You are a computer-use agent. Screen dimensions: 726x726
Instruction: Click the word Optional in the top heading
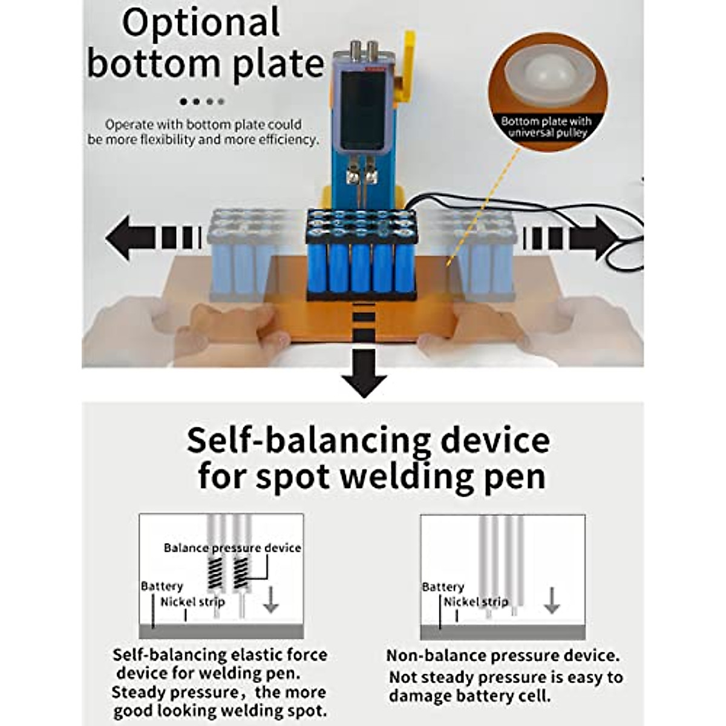click(x=201, y=22)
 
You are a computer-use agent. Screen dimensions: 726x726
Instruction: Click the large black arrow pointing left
click(x=130, y=237)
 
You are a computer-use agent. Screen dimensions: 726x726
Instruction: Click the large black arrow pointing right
click(x=595, y=237)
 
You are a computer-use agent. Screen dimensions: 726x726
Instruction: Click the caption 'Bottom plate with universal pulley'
click(x=546, y=127)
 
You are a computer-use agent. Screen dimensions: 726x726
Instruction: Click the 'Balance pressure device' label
click(x=232, y=548)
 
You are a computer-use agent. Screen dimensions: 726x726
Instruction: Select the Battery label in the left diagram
click(x=162, y=586)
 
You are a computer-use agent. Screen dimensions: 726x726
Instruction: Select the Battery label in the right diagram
click(x=443, y=587)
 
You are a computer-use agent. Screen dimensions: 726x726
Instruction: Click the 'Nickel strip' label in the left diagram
click(x=192, y=602)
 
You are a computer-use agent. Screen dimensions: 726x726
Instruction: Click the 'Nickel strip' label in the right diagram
click(x=476, y=602)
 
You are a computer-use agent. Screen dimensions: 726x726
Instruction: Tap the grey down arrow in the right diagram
click(x=551, y=600)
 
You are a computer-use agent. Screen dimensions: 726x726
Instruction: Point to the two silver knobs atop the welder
click(x=364, y=47)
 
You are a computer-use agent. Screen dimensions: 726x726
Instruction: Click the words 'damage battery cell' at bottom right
click(x=469, y=696)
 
